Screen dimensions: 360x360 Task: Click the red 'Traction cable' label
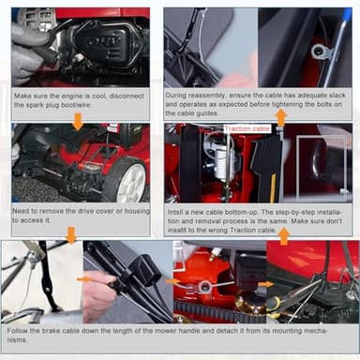247,128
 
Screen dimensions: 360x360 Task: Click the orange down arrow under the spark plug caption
78,122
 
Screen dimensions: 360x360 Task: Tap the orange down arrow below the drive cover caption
71,235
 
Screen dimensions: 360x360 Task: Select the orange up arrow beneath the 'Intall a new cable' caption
284,236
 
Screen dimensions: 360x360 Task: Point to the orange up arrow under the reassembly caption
281,117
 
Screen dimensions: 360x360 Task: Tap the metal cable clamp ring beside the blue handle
322,52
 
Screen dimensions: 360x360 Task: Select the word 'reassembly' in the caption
208,95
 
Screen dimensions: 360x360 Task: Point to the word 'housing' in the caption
137,211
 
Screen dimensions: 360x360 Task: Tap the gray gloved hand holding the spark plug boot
31,53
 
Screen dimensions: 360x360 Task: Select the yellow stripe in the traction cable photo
273,187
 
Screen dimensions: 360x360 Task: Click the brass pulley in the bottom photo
251,303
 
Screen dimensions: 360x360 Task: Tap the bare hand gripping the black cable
97,293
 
